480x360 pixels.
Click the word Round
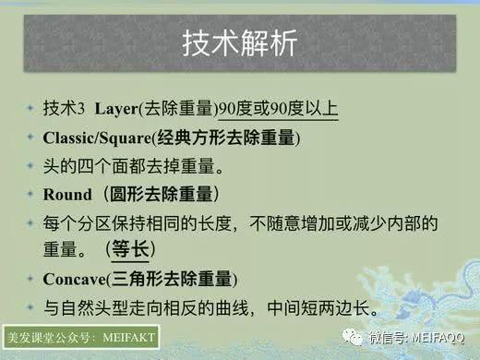pos(68,196)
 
